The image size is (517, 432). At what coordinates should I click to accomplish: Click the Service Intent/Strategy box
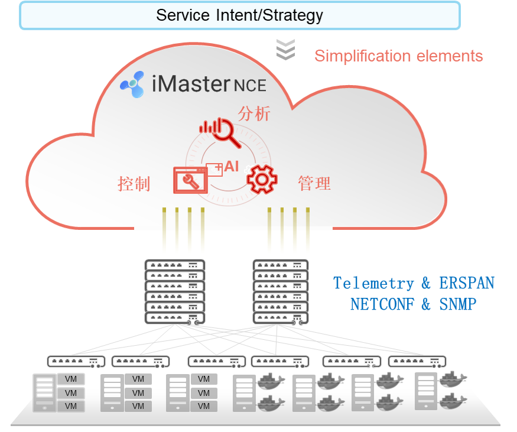click(x=240, y=15)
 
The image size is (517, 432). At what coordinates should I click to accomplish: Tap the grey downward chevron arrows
click(x=285, y=50)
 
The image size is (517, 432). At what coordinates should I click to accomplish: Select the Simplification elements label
click(x=398, y=56)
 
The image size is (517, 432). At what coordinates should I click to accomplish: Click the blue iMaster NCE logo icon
click(x=132, y=85)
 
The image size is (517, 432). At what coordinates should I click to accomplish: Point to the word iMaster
click(x=191, y=84)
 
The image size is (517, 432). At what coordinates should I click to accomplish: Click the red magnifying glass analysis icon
click(x=220, y=132)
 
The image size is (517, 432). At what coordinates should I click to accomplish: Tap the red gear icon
click(x=262, y=180)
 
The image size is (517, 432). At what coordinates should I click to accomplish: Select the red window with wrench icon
click(x=191, y=180)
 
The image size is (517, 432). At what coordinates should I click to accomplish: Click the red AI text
click(x=232, y=167)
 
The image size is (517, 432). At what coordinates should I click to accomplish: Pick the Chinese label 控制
click(x=134, y=184)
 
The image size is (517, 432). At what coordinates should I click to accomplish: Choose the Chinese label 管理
click(x=314, y=183)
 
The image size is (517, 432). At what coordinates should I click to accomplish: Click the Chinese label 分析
click(x=254, y=114)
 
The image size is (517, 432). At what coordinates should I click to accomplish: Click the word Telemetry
click(x=373, y=283)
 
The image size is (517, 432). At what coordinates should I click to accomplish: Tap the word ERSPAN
click(x=467, y=282)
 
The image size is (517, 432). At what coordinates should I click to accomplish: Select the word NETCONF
click(x=382, y=304)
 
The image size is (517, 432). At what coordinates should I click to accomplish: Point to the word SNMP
click(x=458, y=304)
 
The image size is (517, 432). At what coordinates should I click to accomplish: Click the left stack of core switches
click(x=175, y=292)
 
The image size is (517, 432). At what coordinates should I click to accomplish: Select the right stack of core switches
click(x=281, y=292)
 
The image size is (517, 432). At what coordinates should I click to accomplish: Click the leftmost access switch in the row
click(x=76, y=362)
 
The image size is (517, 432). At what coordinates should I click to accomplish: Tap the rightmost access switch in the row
click(x=417, y=362)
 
